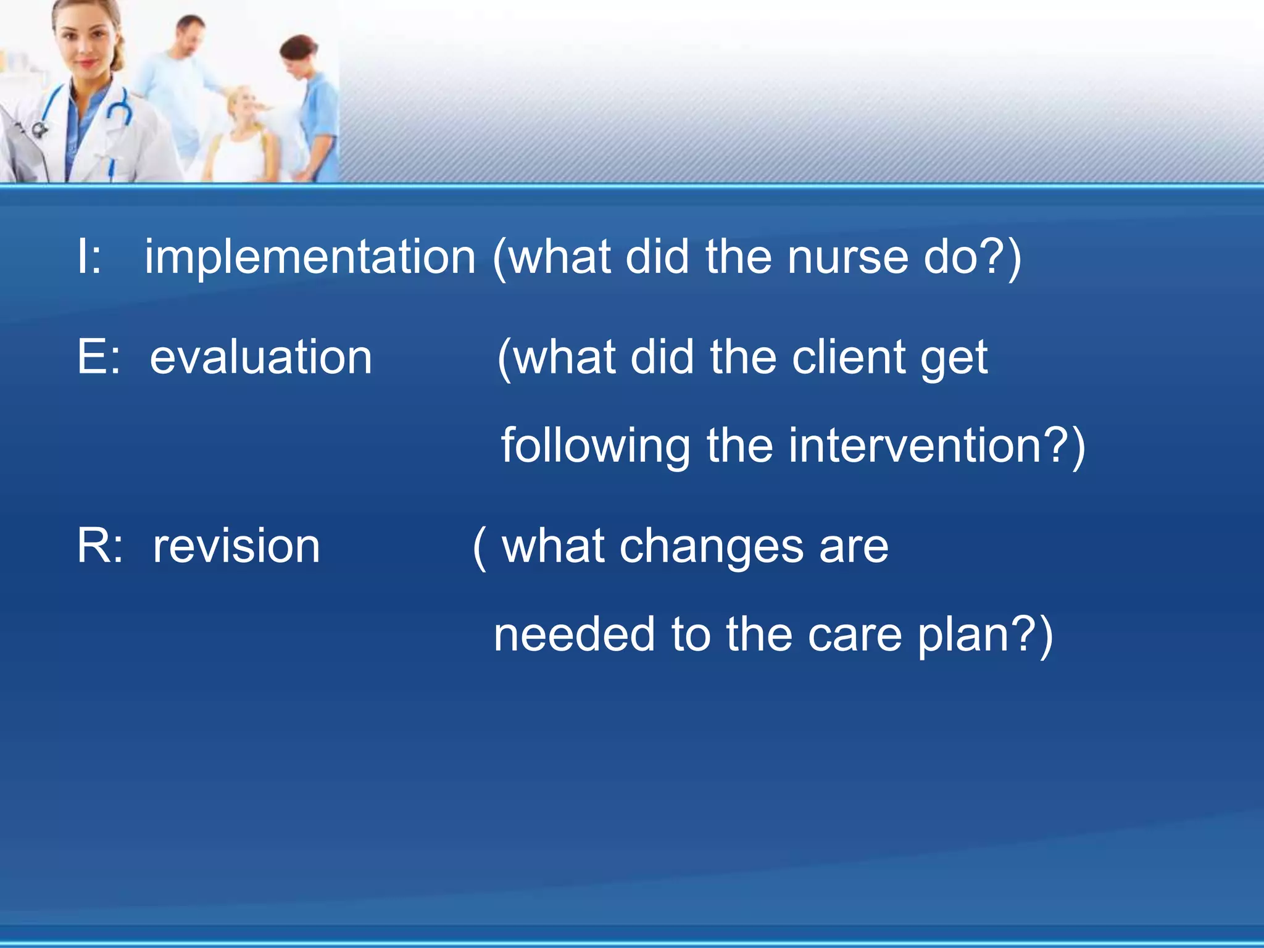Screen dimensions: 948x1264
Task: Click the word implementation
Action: coord(310,257)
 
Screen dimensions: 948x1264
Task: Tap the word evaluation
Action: coord(260,358)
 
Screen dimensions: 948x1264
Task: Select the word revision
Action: coord(236,547)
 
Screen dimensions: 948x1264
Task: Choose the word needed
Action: coord(574,635)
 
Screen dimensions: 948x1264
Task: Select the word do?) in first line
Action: coord(972,257)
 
